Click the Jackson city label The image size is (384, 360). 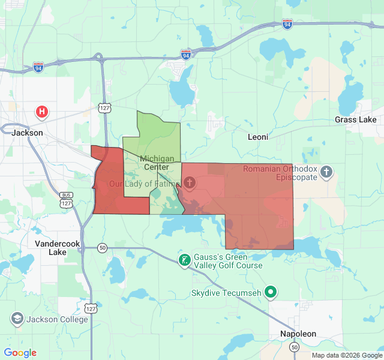tap(27, 133)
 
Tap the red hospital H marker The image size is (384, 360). tap(42, 112)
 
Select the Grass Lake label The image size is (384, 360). tap(356, 120)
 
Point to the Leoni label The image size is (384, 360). tap(258, 137)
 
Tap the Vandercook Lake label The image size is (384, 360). tap(58, 248)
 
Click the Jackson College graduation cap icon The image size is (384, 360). tap(17, 319)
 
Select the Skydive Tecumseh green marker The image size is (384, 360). tap(271, 293)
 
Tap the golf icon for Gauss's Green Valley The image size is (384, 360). tap(184, 260)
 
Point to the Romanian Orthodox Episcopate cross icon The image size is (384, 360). tap(326, 173)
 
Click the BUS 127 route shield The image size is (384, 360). tap(66, 200)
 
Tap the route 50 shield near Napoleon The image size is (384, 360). tap(294, 347)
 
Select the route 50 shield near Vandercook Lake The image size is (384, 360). tap(103, 248)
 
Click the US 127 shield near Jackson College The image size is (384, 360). tap(90, 308)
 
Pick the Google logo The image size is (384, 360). tap(20, 353)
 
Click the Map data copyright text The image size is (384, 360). tap(347, 355)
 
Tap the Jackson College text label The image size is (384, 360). tap(57, 319)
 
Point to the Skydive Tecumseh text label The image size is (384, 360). tap(227, 293)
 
